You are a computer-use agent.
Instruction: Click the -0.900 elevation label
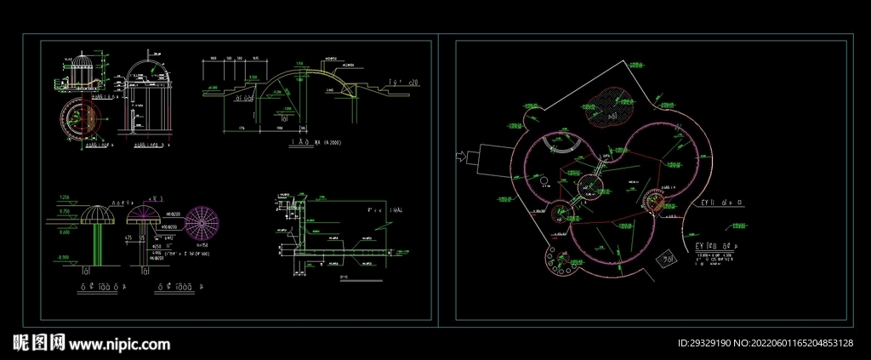tap(64, 256)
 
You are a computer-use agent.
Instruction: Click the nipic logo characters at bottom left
tap(37, 343)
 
